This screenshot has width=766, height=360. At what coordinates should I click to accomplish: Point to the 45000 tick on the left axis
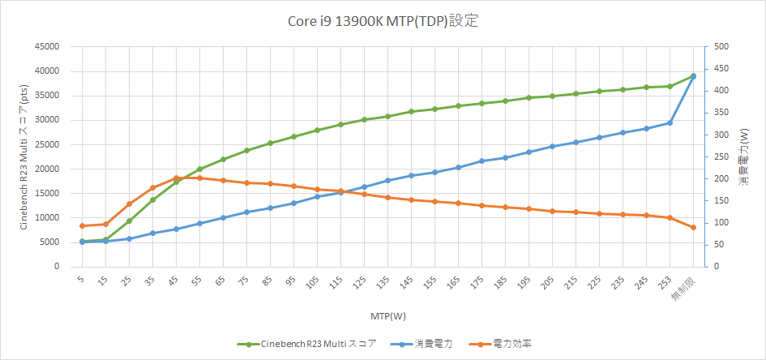point(45,46)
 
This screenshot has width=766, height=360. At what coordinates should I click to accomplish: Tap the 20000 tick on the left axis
point(45,169)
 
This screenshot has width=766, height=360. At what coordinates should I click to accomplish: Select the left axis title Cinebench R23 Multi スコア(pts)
point(24,156)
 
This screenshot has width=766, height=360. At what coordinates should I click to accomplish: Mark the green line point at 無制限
point(694,76)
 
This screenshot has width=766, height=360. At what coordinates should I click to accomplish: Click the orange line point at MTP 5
point(82,225)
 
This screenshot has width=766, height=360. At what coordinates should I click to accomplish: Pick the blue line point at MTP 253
point(670,122)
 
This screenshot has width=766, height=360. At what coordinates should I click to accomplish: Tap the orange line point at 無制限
point(694,227)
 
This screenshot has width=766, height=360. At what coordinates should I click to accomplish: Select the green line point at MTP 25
point(129,221)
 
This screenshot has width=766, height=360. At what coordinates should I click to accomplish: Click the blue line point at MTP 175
point(482,161)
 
